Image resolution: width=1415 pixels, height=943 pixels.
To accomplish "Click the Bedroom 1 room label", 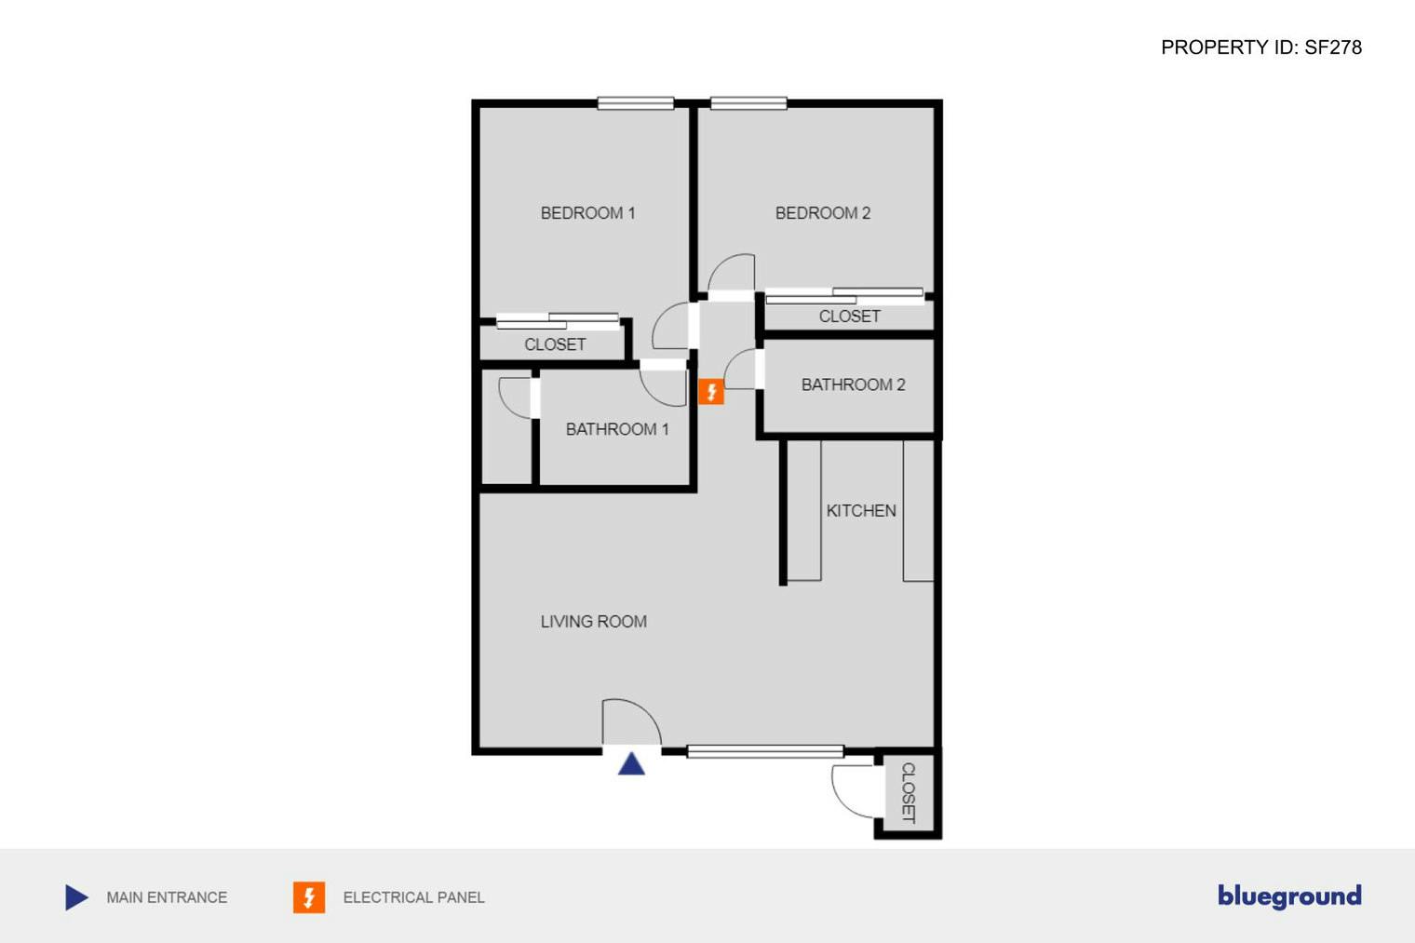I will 587,213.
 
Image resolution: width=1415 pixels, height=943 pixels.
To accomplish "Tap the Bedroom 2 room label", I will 822,213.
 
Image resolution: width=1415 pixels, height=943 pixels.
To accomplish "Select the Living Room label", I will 593,622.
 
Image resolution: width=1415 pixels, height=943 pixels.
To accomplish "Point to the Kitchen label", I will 861,511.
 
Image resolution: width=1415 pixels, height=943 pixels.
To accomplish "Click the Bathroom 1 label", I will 617,429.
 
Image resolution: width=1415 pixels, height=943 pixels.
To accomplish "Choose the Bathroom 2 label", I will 853,384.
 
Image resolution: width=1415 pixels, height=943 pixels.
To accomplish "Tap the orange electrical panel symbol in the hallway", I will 711,392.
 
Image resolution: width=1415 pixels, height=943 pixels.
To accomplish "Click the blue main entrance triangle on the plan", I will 631,764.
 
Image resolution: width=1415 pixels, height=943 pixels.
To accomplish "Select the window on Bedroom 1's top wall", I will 636,103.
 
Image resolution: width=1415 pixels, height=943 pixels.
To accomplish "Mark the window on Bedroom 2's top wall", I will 748,103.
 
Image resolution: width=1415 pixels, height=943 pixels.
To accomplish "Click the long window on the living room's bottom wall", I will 765,751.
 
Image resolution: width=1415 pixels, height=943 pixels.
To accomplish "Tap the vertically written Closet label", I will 909,793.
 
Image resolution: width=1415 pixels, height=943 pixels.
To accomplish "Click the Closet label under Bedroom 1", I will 555,344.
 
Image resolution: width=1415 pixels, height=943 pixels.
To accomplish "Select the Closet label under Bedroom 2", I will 849,317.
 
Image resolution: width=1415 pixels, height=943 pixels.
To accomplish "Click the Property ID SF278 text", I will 1260,47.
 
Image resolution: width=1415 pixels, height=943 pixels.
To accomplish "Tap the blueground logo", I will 1289,896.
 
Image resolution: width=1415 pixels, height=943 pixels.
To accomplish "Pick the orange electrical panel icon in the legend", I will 309,897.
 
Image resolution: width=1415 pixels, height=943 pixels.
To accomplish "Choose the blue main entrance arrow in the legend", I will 76,897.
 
